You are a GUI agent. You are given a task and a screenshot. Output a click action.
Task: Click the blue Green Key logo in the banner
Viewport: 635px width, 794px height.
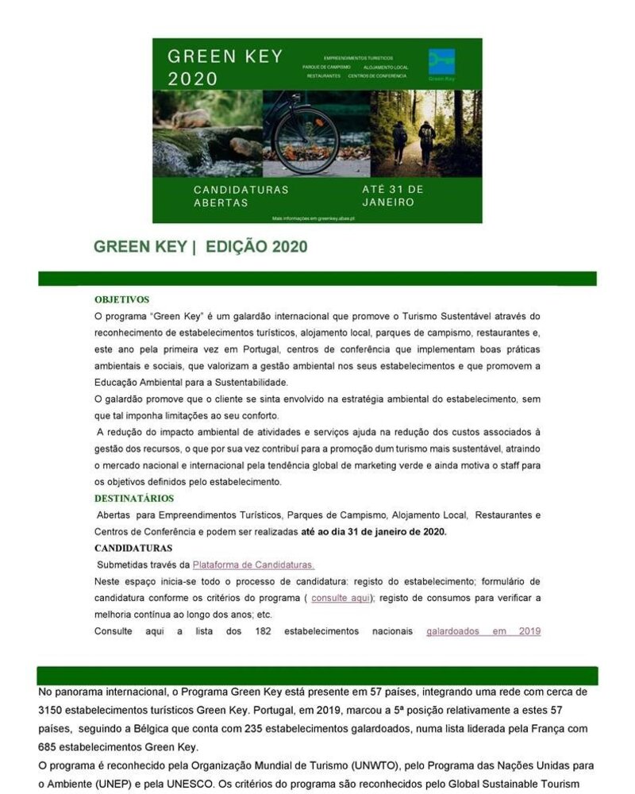pyautogui.click(x=441, y=62)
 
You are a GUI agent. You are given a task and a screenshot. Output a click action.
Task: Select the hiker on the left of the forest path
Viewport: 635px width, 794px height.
pyautogui.click(x=400, y=141)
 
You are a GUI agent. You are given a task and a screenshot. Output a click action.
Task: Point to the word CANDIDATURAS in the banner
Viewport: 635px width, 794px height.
pyautogui.click(x=241, y=190)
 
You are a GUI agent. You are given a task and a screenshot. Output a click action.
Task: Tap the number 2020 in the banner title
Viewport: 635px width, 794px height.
pyautogui.click(x=192, y=79)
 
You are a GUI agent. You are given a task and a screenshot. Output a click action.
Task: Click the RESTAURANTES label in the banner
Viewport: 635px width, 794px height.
pyautogui.click(x=324, y=75)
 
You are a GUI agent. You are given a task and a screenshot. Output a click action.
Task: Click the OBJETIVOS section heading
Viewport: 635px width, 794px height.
pyautogui.click(x=121, y=299)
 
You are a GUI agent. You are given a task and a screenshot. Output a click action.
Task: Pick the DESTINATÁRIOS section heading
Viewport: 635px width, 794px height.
pyautogui.click(x=134, y=498)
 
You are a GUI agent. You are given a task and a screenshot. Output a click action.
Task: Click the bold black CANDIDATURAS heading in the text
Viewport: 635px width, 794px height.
pyautogui.click(x=133, y=548)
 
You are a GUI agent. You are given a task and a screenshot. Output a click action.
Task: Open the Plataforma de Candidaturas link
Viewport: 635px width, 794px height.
pyautogui.click(x=253, y=565)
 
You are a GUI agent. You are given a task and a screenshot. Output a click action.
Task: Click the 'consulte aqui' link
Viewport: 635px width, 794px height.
pyautogui.click(x=341, y=598)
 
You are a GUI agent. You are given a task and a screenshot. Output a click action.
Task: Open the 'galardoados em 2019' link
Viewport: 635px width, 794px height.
pyautogui.click(x=483, y=631)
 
